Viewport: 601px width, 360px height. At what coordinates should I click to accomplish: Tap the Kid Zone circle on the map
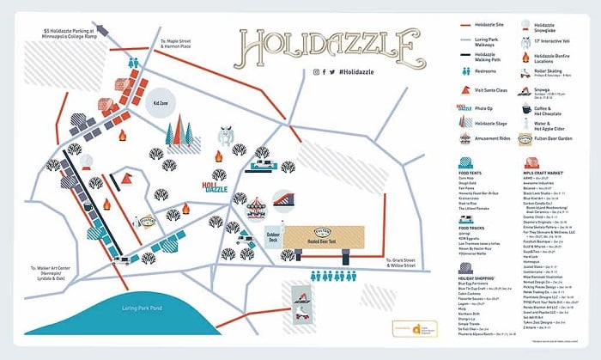(x=160, y=101)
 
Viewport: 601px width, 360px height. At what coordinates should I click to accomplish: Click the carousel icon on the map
(x=254, y=206)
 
